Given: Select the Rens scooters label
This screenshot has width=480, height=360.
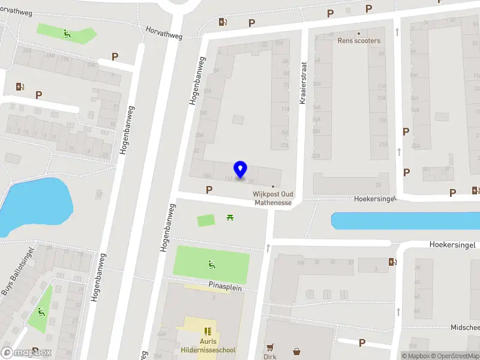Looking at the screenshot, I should pyautogui.click(x=359, y=41).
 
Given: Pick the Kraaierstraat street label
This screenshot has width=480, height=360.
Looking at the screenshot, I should pyautogui.click(x=302, y=85).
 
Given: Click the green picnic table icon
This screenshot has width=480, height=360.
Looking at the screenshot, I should pyautogui.click(x=230, y=217).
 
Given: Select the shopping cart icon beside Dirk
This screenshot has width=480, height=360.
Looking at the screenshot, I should pyautogui.click(x=270, y=347).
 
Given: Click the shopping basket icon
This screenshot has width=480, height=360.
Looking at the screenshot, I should pyautogui.click(x=296, y=351).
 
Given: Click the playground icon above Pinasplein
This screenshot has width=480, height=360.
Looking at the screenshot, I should pyautogui.click(x=211, y=263).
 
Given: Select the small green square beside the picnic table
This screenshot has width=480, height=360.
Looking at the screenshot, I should pyautogui.click(x=206, y=221).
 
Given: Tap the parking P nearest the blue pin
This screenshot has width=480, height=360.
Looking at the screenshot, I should pyautogui.click(x=209, y=190).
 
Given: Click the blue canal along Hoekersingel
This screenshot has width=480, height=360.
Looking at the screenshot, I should pyautogui.click(x=405, y=221).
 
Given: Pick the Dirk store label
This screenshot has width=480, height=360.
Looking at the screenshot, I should pyautogui.click(x=269, y=356).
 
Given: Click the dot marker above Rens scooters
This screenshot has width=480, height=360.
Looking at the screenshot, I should pyautogui.click(x=359, y=33).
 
